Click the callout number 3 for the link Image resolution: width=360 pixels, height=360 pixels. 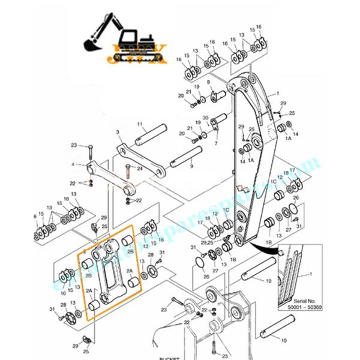coord(118,131)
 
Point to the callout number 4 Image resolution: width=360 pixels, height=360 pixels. coord(73,164)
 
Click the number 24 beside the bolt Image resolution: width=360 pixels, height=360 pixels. coord(139,169)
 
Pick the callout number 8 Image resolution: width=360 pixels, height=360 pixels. coord(208,82)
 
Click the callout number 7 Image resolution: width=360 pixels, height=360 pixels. coord(215,144)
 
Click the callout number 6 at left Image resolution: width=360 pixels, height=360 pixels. coord(35,215)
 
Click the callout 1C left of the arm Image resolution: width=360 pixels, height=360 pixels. coord(226,211)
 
